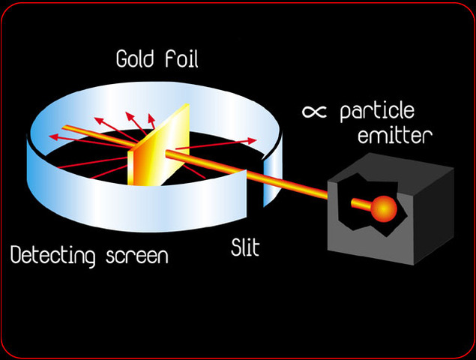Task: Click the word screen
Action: click(x=137, y=256)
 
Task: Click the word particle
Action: click(x=376, y=114)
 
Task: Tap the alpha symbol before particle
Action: click(x=314, y=112)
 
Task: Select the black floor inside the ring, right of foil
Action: click(x=217, y=165)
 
